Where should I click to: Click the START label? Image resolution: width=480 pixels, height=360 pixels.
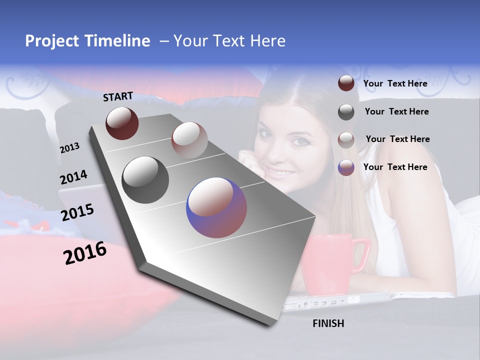pyautogui.click(x=118, y=96)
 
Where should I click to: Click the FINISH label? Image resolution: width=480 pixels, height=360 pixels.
pyautogui.click(x=328, y=323)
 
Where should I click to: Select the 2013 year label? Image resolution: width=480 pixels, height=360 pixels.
pyautogui.click(x=69, y=148)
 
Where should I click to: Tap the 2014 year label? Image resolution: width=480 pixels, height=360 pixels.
pyautogui.click(x=73, y=177)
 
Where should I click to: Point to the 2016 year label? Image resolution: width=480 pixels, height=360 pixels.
pyautogui.click(x=85, y=253)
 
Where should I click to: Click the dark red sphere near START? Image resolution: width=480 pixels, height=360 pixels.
pyautogui.click(x=122, y=123)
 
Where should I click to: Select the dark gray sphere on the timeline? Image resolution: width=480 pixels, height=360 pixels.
pyautogui.click(x=145, y=180)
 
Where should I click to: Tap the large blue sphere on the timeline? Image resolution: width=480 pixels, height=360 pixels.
pyautogui.click(x=216, y=207)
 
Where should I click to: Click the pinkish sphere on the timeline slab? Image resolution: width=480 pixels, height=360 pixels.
pyautogui.click(x=189, y=140)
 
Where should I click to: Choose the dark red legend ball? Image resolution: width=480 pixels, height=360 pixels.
pyautogui.click(x=346, y=83)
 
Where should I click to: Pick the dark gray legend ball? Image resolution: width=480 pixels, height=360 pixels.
pyautogui.click(x=346, y=112)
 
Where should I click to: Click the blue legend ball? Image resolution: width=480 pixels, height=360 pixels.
pyautogui.click(x=346, y=167)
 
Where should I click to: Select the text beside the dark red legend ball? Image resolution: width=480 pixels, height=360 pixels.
pyautogui.click(x=395, y=83)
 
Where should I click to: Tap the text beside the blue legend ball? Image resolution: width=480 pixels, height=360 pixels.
pyautogui.click(x=395, y=167)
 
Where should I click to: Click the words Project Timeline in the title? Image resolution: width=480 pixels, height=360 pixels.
pyautogui.click(x=87, y=41)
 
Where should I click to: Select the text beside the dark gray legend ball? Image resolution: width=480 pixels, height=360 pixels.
pyautogui.click(x=396, y=111)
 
